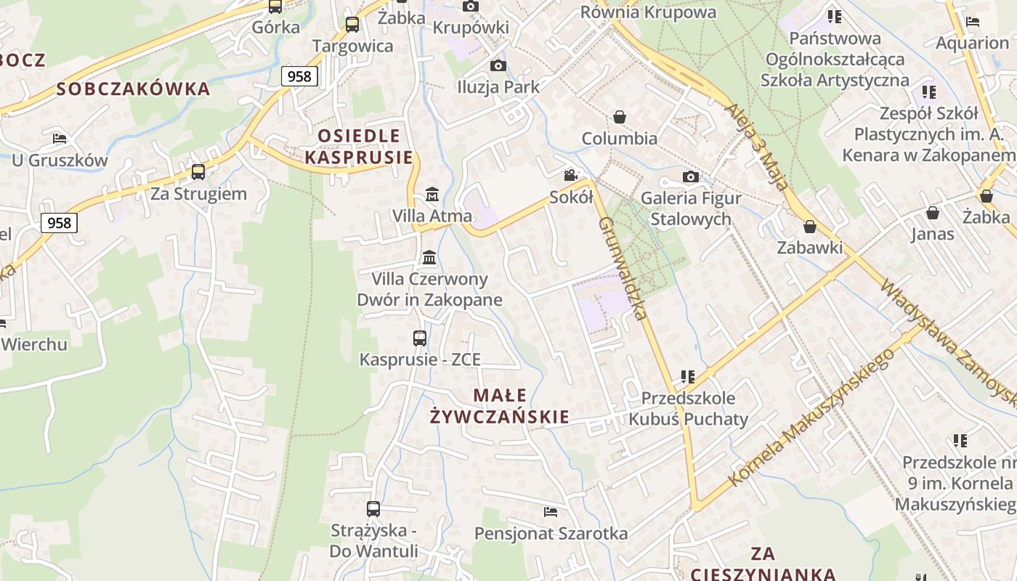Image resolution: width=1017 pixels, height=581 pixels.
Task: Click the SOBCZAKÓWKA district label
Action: (133, 89)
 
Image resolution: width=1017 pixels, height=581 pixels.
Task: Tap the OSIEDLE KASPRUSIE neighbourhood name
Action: (359, 146)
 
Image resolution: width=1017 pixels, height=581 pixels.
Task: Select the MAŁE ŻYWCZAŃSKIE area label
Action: (500, 406)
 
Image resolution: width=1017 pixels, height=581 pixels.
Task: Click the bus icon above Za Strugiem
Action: (198, 172)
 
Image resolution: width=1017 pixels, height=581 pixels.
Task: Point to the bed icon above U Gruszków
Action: (60, 138)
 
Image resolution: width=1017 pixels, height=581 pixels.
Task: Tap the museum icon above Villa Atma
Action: (432, 194)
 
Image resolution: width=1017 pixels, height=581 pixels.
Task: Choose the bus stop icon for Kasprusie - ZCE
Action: (420, 338)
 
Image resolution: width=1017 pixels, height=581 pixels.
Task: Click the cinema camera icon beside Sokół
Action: (571, 175)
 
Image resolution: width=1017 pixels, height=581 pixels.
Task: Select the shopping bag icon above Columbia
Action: (620, 116)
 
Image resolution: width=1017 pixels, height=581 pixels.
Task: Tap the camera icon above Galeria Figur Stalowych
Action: (691, 176)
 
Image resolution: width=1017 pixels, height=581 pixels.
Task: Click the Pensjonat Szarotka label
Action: (551, 534)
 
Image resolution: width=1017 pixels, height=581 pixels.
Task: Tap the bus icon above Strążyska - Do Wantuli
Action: (373, 508)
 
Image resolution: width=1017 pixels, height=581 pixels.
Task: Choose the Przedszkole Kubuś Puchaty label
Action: (687, 408)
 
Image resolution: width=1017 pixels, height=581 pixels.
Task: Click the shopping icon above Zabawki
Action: (810, 227)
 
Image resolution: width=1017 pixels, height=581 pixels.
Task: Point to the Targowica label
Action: (352, 46)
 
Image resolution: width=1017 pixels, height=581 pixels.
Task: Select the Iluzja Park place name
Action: (498, 87)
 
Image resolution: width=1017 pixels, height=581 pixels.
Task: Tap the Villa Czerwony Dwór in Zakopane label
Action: (429, 289)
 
